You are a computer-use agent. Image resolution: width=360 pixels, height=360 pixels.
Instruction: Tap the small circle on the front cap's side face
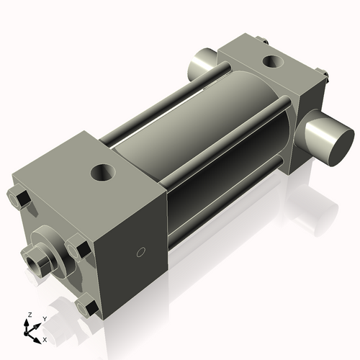(x=142, y=252)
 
